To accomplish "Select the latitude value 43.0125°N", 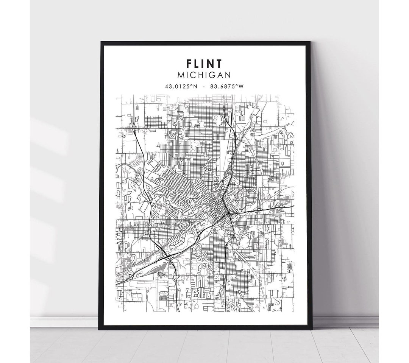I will click(x=181, y=86).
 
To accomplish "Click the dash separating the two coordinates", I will click(x=204, y=86).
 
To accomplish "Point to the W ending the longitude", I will click(x=241, y=86).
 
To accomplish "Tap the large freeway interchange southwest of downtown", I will click(x=167, y=257).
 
